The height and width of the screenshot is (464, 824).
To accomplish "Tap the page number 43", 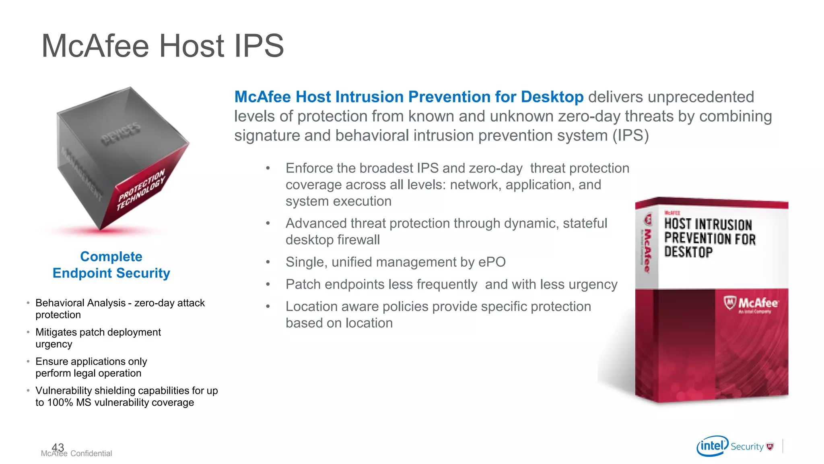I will [x=58, y=447].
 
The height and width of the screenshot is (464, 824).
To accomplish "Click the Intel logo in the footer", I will [x=712, y=446].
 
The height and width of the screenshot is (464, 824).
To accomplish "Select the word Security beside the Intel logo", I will [x=747, y=447].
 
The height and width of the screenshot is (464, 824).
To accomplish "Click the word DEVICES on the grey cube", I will [x=121, y=134].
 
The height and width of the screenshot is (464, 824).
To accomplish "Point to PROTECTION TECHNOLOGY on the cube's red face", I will [x=141, y=190].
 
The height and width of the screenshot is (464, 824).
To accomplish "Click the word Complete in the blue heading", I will [x=111, y=257].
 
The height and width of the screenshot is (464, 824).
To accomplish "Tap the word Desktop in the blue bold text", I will [x=552, y=97].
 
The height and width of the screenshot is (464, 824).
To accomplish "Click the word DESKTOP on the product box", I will [x=688, y=252].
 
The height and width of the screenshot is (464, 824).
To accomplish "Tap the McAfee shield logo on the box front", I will [x=729, y=302].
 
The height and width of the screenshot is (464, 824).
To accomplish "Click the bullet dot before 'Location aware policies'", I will [x=268, y=307].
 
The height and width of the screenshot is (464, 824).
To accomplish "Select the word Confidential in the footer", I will [x=91, y=454].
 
